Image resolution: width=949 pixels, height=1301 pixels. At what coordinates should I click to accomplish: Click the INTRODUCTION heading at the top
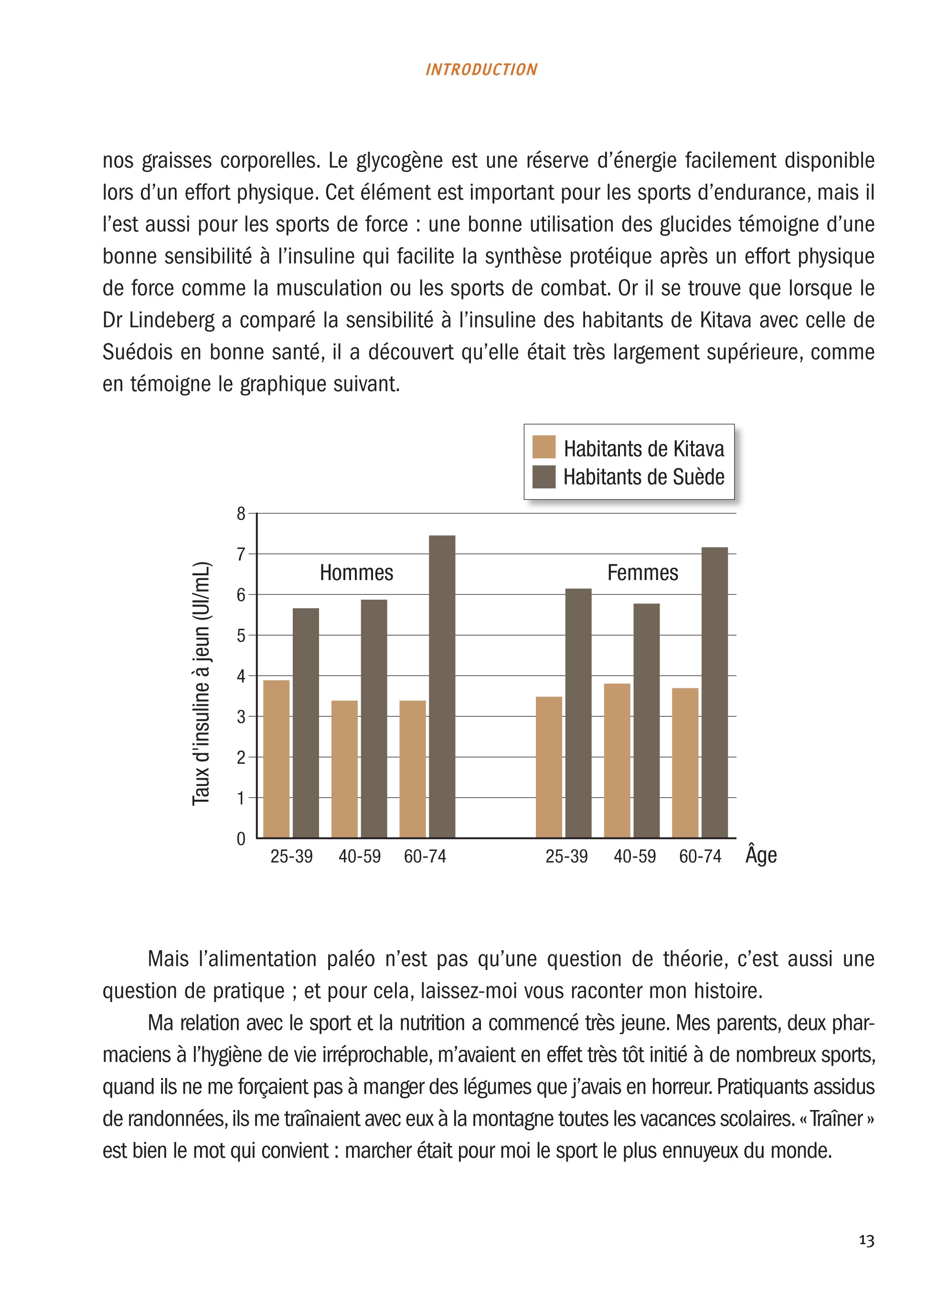tap(481, 70)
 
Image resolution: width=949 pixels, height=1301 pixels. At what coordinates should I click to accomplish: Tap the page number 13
tap(866, 1240)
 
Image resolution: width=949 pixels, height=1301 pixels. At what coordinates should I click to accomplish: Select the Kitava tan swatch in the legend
tap(544, 447)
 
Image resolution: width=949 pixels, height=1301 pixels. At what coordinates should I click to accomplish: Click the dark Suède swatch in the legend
tap(544, 476)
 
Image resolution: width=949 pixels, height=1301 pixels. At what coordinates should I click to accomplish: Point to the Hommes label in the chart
tap(356, 572)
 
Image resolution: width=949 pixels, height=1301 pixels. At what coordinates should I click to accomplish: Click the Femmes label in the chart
tap(642, 572)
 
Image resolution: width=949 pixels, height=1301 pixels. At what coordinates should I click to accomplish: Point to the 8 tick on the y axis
tap(241, 514)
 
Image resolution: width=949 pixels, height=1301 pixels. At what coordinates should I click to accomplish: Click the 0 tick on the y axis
tap(241, 839)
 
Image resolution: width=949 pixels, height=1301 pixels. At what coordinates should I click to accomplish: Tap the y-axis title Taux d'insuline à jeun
tap(202, 683)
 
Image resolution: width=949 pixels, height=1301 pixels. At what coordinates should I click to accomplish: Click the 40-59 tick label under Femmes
tap(634, 857)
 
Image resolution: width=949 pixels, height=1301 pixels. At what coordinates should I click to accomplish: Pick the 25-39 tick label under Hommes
tap(291, 857)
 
